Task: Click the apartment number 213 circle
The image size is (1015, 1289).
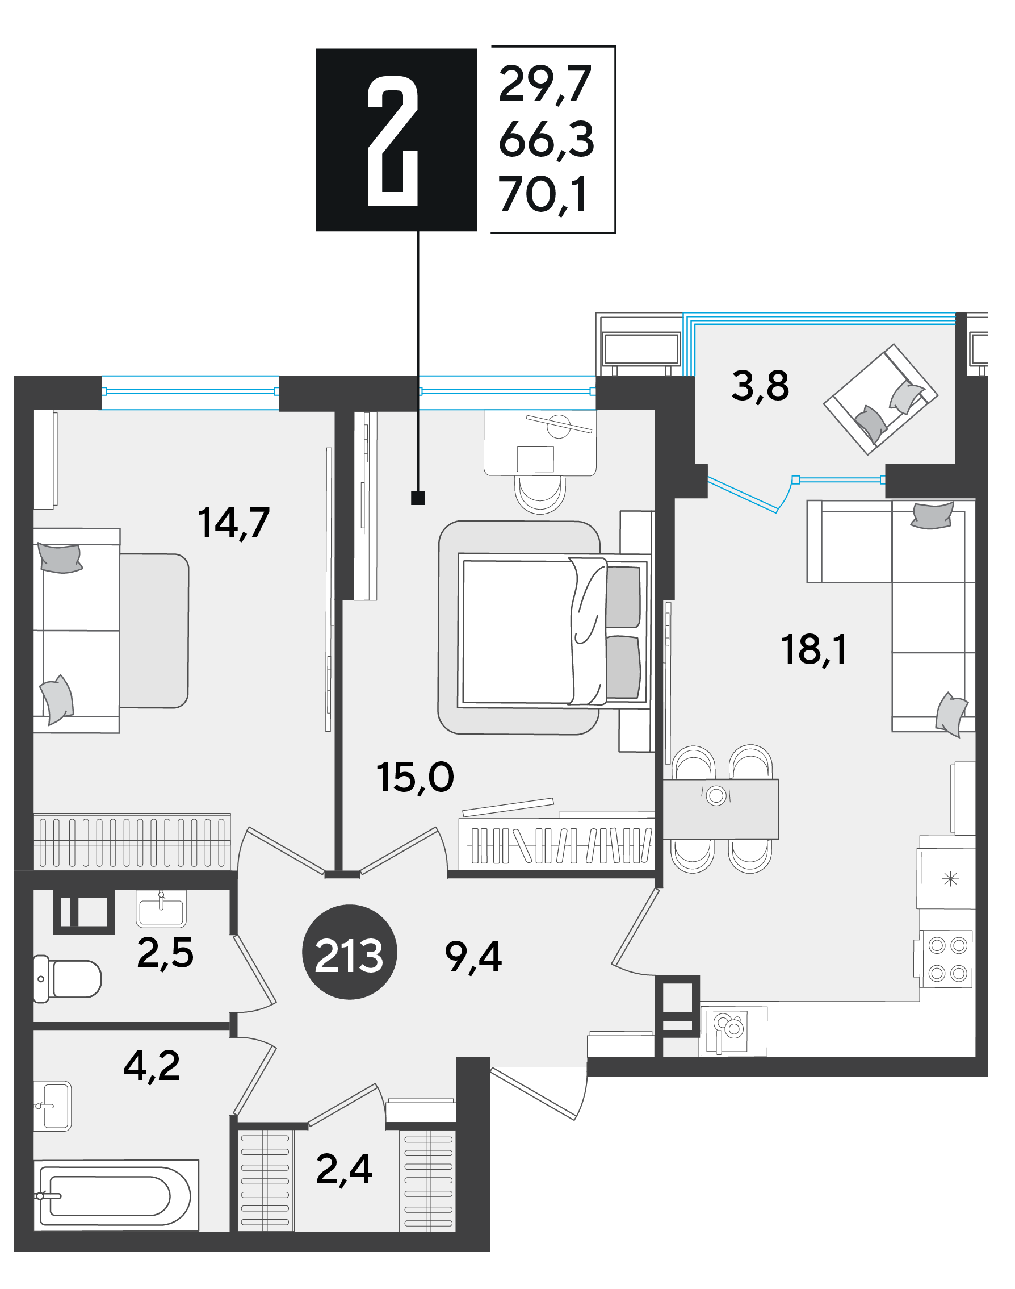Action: coord(350,952)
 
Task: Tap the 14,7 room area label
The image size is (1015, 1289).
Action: coord(233,523)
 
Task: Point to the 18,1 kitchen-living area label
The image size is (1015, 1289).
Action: coord(814,649)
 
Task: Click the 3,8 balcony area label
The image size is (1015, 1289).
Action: coord(760,385)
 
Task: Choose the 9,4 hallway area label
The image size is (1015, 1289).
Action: coord(473,957)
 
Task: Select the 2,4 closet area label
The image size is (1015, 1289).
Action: coord(344,1169)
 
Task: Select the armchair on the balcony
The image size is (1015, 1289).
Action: coord(880,399)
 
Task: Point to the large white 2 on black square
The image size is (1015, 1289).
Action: coord(393,141)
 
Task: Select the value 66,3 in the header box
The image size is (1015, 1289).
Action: coord(546,140)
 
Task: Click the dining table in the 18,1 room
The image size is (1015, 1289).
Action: coord(720,808)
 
